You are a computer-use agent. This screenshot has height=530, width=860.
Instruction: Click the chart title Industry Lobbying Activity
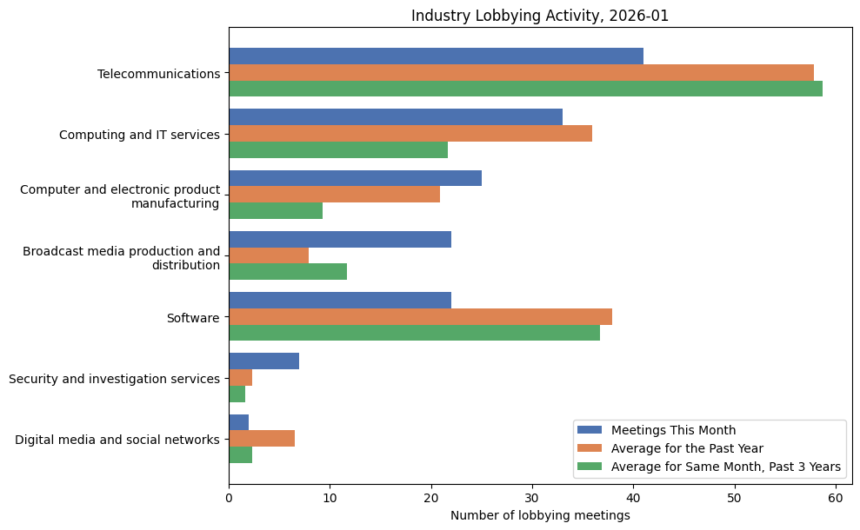[x=540, y=16]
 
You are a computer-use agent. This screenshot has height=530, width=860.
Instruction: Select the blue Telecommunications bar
[x=436, y=56]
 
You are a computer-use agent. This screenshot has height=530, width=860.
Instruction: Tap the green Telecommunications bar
[x=525, y=89]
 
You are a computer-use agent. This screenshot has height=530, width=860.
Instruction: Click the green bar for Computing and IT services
[x=338, y=149]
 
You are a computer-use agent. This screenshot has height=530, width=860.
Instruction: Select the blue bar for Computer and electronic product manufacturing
[x=355, y=178]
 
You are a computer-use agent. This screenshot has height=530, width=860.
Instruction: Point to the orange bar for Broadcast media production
[x=269, y=255]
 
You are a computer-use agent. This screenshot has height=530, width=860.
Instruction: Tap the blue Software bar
[x=340, y=301]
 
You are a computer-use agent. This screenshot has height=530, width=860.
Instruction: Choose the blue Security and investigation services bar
[x=263, y=361]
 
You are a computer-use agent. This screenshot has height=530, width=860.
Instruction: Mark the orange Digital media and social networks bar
[x=262, y=439]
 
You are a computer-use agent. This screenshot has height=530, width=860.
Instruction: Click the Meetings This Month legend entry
[x=673, y=430]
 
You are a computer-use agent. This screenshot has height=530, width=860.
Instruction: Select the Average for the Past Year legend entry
[x=687, y=448]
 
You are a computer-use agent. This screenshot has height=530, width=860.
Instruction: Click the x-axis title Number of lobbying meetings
[x=540, y=516]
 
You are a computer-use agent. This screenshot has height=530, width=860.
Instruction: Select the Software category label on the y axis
[x=193, y=318]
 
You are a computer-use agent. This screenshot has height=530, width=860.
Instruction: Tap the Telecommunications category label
[x=158, y=74]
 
